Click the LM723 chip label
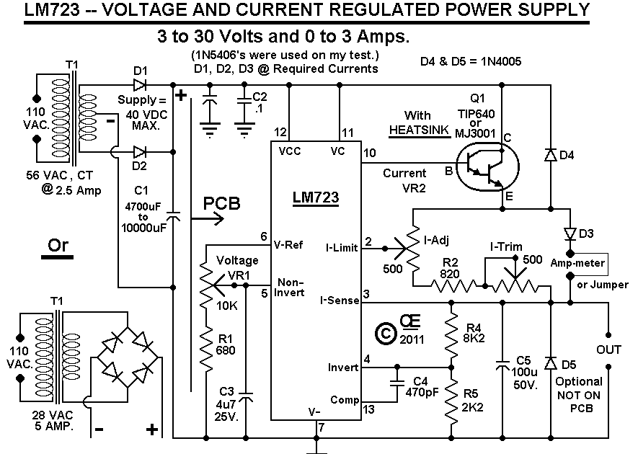[x=315, y=197]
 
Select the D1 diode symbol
[x=140, y=84]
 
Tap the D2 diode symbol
[x=140, y=151]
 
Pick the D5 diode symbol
[x=551, y=362]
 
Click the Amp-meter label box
[x=578, y=264]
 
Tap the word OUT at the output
[x=608, y=350]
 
